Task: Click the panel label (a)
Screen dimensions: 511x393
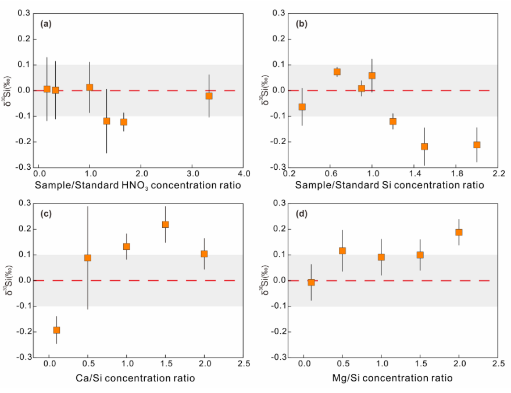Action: pos(45,24)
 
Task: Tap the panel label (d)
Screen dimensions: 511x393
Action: pos(302,214)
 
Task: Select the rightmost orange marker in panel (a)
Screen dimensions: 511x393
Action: pos(209,96)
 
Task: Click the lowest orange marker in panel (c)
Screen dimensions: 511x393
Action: pos(56,330)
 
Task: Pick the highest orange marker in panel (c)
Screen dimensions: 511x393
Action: pos(165,224)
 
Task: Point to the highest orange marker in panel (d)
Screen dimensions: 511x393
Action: pos(459,233)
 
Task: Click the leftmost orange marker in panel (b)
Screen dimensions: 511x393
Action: pos(302,107)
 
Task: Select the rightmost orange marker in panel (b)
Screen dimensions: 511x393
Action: pos(477,145)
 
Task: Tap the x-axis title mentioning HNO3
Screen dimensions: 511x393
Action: pos(138,185)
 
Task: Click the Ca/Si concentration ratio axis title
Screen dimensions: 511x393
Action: pos(135,378)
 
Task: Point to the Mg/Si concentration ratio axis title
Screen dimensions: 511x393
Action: pos(392,378)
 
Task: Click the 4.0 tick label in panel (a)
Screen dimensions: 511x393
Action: pos(244,173)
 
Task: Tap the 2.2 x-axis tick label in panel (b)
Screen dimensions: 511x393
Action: pos(499,173)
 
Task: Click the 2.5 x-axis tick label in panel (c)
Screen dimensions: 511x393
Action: pos(244,363)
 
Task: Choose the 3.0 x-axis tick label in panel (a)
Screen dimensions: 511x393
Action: pos(192,173)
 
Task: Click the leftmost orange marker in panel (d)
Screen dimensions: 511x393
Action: pos(311,282)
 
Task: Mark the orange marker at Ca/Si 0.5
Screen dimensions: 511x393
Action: pos(88,258)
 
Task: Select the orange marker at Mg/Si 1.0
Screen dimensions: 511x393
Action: pos(381,257)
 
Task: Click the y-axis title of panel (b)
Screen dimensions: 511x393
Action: pos(265,91)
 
